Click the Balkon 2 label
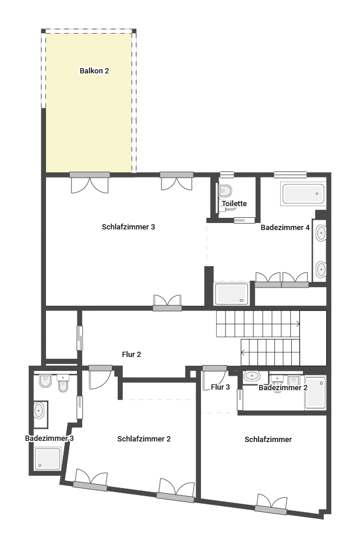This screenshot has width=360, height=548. point(94,71)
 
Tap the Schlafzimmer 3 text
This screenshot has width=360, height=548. point(128,227)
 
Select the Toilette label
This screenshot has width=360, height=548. point(234,204)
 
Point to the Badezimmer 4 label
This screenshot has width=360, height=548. point(285,228)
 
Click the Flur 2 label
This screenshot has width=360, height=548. point(131,354)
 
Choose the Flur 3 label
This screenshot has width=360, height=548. point(220,387)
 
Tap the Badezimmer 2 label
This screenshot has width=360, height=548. point(283,388)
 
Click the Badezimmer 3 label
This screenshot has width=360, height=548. point(49,438)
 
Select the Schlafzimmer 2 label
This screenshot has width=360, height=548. point(144,439)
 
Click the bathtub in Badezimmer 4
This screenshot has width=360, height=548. point(303,194)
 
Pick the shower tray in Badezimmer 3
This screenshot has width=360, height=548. point(47,458)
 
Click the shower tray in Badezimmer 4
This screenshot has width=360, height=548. point(231,294)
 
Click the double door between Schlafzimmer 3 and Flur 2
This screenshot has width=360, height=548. point(168,302)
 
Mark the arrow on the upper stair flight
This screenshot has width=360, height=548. point(297,324)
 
